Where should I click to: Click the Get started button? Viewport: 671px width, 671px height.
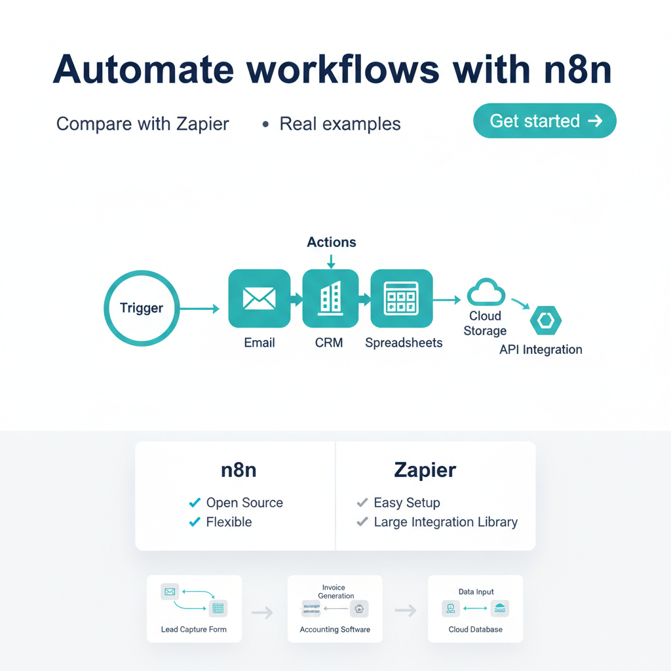click(x=544, y=121)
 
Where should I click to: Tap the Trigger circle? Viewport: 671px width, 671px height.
click(x=142, y=308)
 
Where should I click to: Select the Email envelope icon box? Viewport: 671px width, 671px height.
click(x=259, y=299)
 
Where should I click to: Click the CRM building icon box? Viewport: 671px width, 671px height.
click(x=330, y=299)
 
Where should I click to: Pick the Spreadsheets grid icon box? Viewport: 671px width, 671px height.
click(x=401, y=299)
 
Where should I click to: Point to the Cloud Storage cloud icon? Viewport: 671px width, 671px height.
click(x=486, y=292)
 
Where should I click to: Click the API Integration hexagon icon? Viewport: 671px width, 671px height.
click(x=545, y=320)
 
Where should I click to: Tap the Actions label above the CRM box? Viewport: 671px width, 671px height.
click(x=332, y=242)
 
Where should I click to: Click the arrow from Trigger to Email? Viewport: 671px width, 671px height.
click(x=200, y=309)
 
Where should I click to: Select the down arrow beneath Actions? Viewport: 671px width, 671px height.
click(x=331, y=261)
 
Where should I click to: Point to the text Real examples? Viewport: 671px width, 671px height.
click(x=339, y=124)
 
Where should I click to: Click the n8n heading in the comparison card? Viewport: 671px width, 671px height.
click(x=239, y=470)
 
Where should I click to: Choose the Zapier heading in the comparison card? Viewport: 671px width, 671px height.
click(x=425, y=470)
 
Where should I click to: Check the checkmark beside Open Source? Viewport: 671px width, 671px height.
click(x=194, y=503)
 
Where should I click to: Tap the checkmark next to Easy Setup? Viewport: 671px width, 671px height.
click(x=362, y=503)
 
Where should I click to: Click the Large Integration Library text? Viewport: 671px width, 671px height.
click(x=446, y=522)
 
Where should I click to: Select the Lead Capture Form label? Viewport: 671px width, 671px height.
click(x=194, y=630)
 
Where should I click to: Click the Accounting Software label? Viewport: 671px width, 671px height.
click(x=335, y=630)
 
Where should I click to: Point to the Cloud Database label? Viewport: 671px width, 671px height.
click(x=476, y=630)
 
